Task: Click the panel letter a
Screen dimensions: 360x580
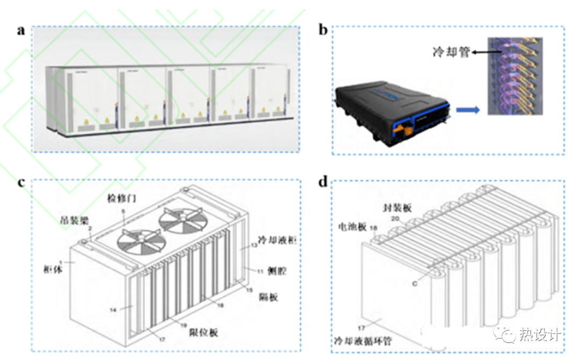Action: click(x=21, y=30)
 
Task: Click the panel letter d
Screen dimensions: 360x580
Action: click(x=323, y=182)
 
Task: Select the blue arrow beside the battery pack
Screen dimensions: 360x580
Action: click(x=467, y=110)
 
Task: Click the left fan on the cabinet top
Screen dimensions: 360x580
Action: click(x=135, y=242)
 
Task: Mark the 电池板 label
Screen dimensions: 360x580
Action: click(x=352, y=226)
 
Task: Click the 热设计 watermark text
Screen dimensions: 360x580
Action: click(x=540, y=335)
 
